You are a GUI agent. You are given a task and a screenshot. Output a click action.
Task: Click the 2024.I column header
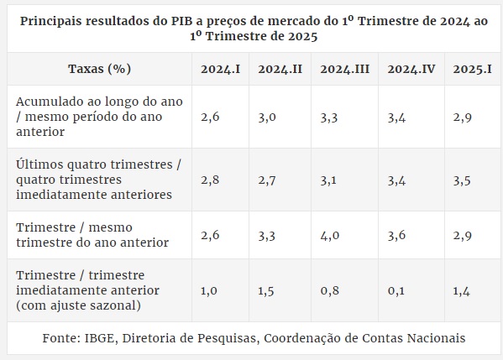click(220, 69)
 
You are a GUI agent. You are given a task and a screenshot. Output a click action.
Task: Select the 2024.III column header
click(344, 69)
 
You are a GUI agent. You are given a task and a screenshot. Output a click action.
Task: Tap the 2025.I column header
click(472, 69)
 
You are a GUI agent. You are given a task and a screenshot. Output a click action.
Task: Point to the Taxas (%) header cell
click(99, 69)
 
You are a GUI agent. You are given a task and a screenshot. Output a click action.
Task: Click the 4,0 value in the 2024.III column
click(330, 236)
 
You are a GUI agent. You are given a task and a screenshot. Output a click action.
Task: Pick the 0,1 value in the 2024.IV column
click(396, 290)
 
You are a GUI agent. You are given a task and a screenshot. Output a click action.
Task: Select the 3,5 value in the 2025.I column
click(462, 180)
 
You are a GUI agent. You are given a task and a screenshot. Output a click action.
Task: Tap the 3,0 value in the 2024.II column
click(267, 117)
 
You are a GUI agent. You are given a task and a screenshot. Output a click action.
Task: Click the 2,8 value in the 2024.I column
click(210, 180)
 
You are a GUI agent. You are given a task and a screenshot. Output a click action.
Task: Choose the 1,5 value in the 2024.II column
click(266, 291)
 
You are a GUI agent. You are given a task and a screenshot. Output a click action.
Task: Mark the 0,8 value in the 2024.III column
click(329, 290)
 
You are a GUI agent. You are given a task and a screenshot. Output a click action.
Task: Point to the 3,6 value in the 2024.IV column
click(396, 236)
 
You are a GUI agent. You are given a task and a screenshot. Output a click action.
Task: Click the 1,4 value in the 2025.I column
click(461, 291)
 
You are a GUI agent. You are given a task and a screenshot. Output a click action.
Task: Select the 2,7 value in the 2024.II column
click(267, 180)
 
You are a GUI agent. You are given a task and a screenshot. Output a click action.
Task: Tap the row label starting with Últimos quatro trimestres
click(99, 180)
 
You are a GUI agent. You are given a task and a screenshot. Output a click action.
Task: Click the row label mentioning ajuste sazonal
click(87, 290)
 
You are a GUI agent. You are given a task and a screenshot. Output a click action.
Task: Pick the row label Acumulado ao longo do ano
click(99, 117)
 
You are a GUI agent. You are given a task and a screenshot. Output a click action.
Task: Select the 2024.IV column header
click(411, 69)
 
